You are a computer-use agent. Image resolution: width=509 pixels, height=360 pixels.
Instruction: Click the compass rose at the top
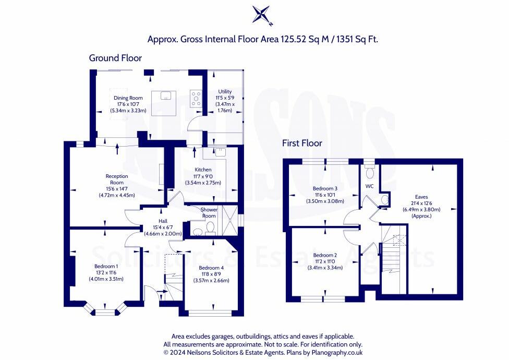click(x=262, y=15)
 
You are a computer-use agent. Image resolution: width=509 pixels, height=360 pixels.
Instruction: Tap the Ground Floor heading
click(x=115, y=58)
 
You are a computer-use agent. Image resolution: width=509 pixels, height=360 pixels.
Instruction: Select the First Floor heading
click(x=302, y=143)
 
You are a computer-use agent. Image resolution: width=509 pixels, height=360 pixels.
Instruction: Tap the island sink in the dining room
click(x=165, y=95)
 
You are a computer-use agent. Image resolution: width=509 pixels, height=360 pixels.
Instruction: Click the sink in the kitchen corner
click(x=221, y=152)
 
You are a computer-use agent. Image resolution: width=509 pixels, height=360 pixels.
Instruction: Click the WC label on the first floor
click(x=369, y=186)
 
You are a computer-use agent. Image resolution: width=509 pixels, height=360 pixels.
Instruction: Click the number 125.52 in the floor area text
click(x=292, y=39)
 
